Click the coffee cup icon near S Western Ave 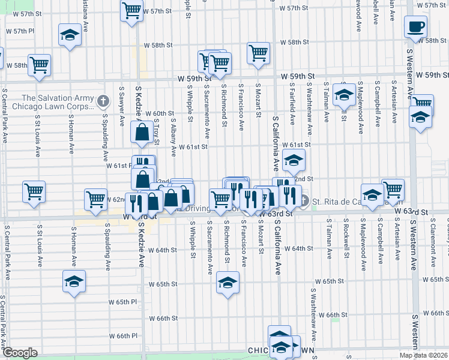point(416,26)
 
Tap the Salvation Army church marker point(103,100)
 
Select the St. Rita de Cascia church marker point(304,200)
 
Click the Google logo point(20,353)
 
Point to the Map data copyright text point(424,355)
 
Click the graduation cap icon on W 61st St point(294,160)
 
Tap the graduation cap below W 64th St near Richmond point(228,283)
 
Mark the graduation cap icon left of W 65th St point(74,281)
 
